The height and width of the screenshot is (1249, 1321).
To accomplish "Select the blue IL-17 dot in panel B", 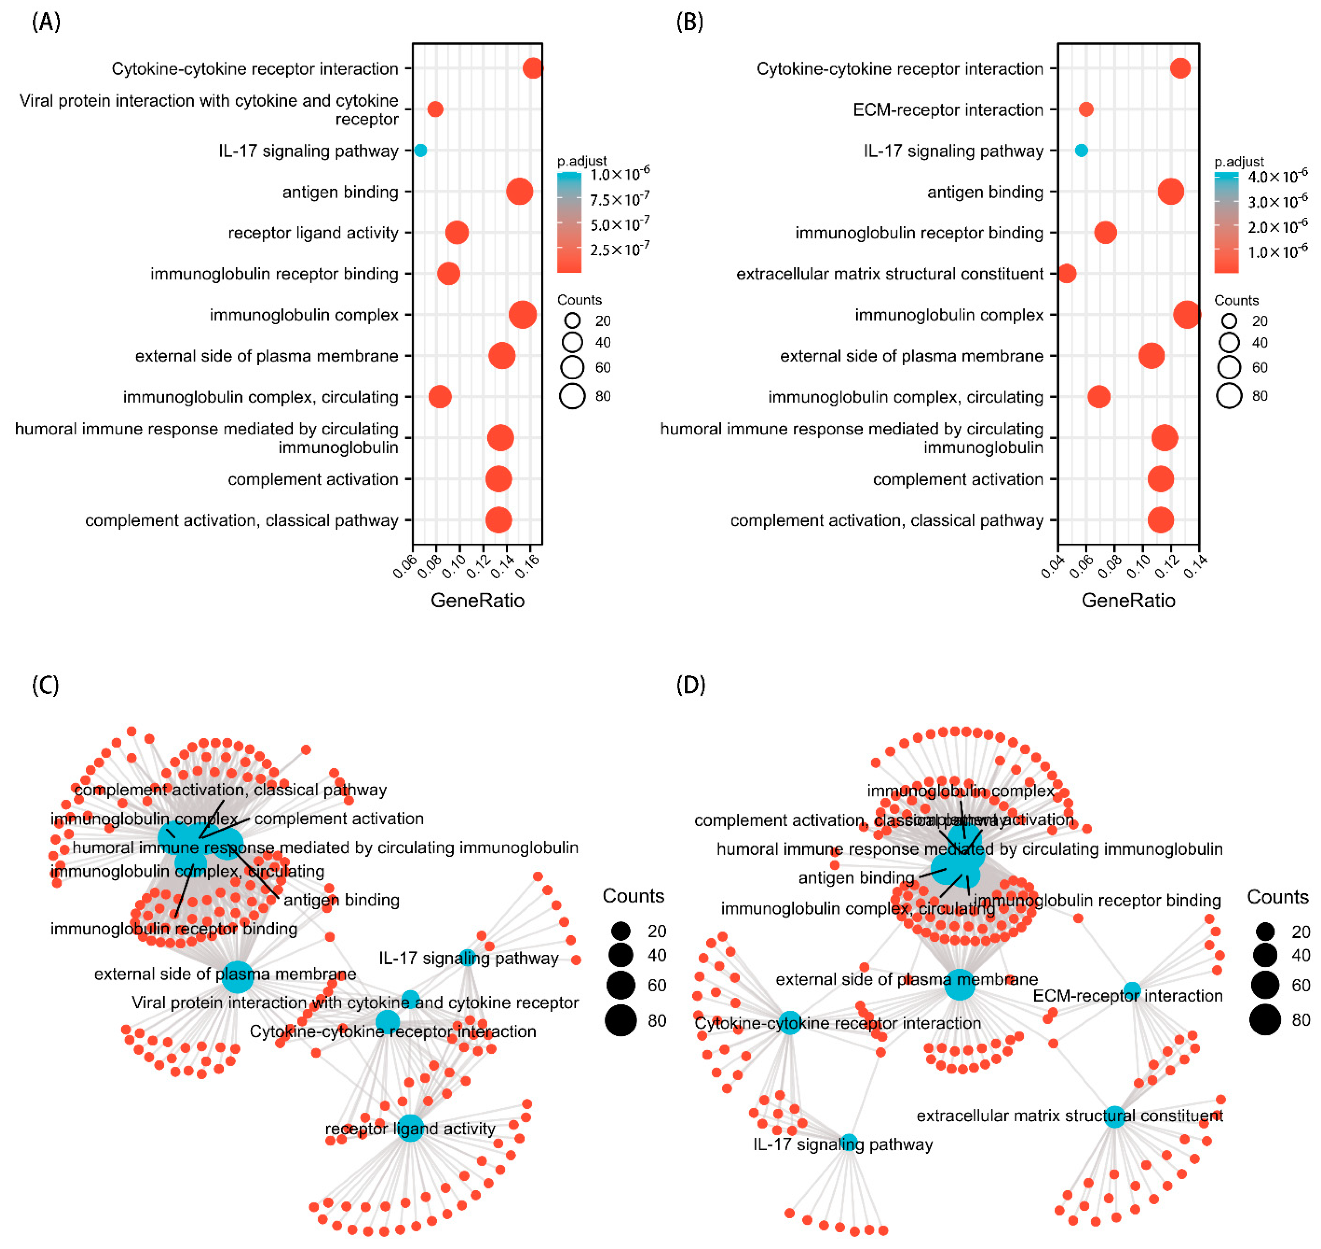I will coord(1081,150).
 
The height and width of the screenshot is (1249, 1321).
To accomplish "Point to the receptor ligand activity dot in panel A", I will coord(457,232).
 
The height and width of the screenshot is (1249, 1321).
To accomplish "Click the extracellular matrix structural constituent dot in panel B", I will coord(1067,274).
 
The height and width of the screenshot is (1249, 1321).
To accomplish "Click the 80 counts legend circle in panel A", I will coord(572,396).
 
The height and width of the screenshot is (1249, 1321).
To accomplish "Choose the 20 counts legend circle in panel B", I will coord(1229,321).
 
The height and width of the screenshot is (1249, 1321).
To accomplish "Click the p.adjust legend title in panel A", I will coord(582,161).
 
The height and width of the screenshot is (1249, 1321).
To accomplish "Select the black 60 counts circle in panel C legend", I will coord(620,985).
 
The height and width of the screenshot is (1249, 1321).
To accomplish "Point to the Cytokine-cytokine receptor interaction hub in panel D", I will coord(790,1023).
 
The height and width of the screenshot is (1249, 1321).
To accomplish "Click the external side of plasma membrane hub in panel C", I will coord(237,976).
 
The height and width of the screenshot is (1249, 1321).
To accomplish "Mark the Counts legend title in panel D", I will coord(1277,897).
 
